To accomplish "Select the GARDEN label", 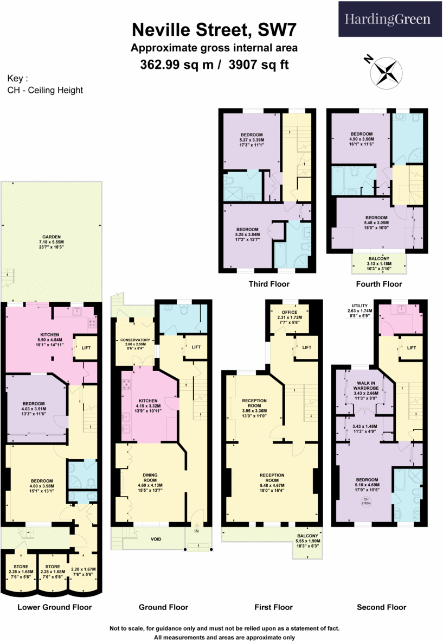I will (53, 237).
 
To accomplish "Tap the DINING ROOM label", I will (150, 477).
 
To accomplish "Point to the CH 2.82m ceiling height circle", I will (366, 501).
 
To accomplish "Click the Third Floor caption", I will (268, 284).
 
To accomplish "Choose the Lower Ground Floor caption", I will (55, 607).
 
